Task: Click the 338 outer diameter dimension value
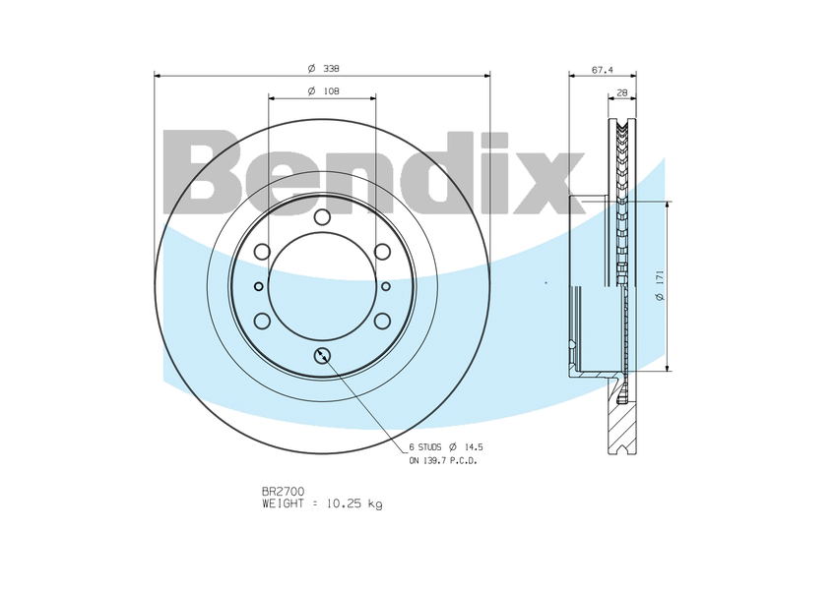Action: pyautogui.click(x=332, y=68)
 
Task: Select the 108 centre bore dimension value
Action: pyautogui.click(x=332, y=90)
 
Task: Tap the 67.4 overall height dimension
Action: pyautogui.click(x=602, y=70)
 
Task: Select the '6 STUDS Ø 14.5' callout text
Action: pyautogui.click(x=446, y=446)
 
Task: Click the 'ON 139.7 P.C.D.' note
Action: pyautogui.click(x=443, y=460)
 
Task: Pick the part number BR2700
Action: pyautogui.click(x=283, y=490)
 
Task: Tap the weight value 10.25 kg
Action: pyautogui.click(x=353, y=503)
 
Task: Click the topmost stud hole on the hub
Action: pyautogui.click(x=323, y=217)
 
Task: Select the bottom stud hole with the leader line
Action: pyautogui.click(x=323, y=355)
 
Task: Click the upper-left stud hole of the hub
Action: pyautogui.click(x=262, y=252)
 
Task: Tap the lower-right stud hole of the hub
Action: pyautogui.click(x=383, y=321)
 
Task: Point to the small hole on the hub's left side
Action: pyautogui.click(x=259, y=286)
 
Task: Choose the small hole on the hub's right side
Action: pyautogui.click(x=386, y=286)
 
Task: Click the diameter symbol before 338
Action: pyautogui.click(x=310, y=68)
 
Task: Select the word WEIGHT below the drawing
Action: pyautogui.click(x=285, y=503)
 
